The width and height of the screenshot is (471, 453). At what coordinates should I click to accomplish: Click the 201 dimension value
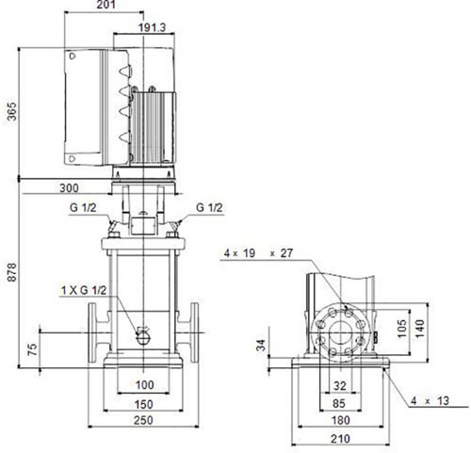coord(106,5)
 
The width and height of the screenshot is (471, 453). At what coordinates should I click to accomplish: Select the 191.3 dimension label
coord(152,27)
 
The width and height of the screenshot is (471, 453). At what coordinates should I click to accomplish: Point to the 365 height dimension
coord(12,111)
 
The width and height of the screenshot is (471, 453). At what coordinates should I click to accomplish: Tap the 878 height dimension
coord(12,272)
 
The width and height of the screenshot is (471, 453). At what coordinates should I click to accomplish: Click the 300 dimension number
coord(69,188)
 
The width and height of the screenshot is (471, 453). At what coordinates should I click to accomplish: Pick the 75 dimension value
coord(33,349)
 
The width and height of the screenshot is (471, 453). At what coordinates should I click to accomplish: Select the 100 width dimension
coord(145,385)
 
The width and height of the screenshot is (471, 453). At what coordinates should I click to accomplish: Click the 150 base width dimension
coord(144,404)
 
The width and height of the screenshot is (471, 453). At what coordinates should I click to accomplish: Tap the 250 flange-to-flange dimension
coord(143,420)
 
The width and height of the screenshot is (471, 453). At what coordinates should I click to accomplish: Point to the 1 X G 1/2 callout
coord(84,290)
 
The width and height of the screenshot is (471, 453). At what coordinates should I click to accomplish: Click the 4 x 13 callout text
coord(430,401)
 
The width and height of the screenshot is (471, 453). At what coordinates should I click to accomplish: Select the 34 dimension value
coord(261,345)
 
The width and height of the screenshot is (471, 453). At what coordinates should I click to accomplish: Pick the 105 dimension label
coord(402,329)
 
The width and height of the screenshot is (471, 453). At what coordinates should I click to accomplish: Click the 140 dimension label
coord(420,329)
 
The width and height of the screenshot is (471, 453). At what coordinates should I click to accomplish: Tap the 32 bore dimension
coord(339,385)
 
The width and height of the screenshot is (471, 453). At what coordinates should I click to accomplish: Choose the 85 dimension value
coord(338,403)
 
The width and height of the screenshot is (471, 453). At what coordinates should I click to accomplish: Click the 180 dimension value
coord(341,420)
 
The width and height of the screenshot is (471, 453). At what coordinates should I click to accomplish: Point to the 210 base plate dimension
coord(341,439)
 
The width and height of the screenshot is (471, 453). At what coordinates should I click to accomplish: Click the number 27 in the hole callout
coord(286,253)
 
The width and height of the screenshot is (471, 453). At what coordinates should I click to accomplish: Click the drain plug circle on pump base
coord(143,338)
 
